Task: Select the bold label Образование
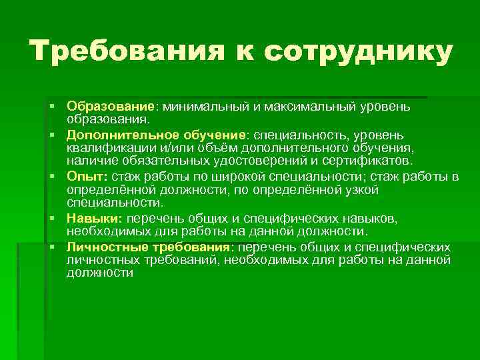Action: [x=110, y=107]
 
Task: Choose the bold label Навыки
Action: [x=93, y=219]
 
